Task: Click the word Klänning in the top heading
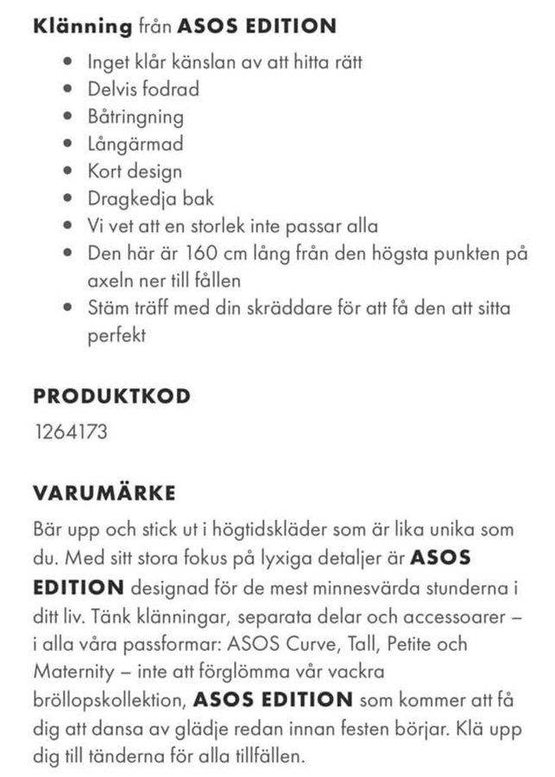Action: point(82,26)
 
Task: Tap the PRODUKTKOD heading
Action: point(112,397)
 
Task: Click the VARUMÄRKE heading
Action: point(104,493)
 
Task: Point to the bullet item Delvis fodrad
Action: point(143,89)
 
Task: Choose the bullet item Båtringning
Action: point(136,117)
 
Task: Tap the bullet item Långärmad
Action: point(135,144)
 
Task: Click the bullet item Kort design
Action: point(135,172)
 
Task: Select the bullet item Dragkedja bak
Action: point(151,199)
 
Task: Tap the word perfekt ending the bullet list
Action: point(117,336)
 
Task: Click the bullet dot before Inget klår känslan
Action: point(68,62)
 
